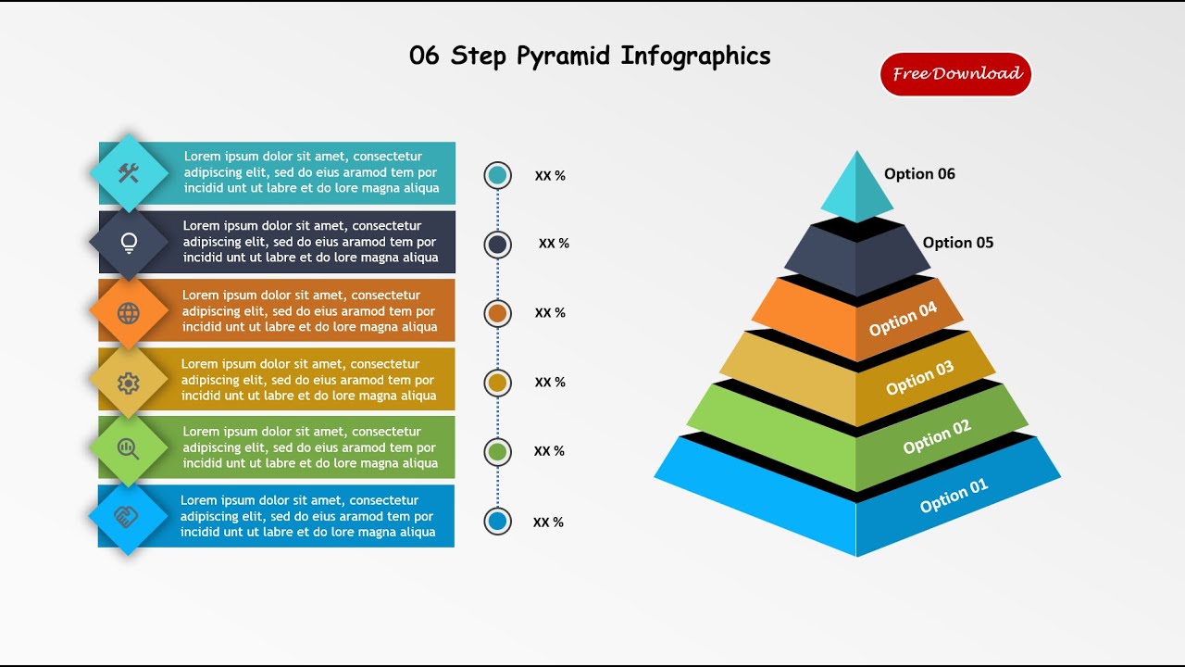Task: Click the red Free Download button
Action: [x=955, y=74]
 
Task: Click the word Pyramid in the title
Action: [x=563, y=57]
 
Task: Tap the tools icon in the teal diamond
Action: [x=129, y=173]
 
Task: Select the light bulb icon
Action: [x=129, y=243]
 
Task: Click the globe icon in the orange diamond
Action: [x=129, y=313]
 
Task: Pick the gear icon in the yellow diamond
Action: [x=129, y=383]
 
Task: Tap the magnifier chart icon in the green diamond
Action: [x=129, y=449]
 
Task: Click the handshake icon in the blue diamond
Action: [x=127, y=517]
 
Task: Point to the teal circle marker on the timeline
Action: [x=498, y=175]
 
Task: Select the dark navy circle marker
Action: [x=498, y=245]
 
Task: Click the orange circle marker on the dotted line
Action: [x=498, y=313]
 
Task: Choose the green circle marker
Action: [x=498, y=452]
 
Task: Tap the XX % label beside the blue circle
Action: [x=548, y=522]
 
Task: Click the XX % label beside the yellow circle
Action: [x=550, y=383]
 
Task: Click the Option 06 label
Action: [x=919, y=174]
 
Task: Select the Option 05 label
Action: [x=957, y=243]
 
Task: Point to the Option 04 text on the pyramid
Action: [x=903, y=320]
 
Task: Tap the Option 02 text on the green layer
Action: [x=937, y=436]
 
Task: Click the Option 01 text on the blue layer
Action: [x=954, y=496]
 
